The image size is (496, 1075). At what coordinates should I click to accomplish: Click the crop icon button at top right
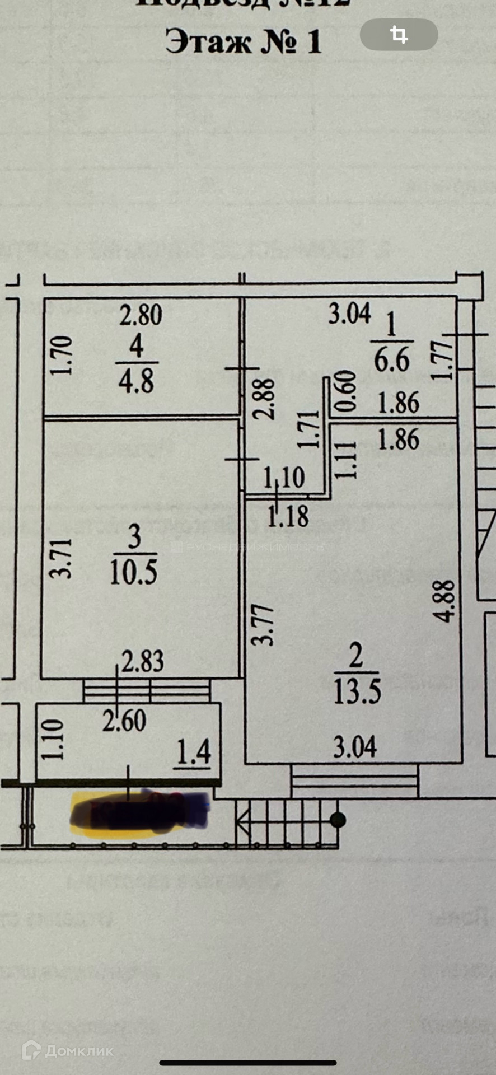pos(399,35)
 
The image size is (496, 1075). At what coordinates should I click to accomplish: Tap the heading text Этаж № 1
pos(244,42)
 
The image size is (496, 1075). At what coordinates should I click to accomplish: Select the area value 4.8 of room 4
pos(136,381)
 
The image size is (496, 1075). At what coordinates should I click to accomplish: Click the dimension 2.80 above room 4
pos(141,315)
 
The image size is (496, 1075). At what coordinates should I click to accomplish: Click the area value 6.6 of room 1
pos(392,359)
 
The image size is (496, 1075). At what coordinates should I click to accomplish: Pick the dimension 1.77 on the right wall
pos(442,361)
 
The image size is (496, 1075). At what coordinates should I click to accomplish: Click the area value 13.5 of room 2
pos(357,691)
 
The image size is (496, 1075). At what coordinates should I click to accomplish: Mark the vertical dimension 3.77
pos(263,625)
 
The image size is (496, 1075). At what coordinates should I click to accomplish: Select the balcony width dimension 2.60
pos(124,721)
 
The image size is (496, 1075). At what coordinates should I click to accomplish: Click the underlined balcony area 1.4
pos(194,752)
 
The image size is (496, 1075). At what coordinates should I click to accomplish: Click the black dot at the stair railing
pos(338,820)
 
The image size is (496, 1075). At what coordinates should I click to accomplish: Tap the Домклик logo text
pos(79,1051)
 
